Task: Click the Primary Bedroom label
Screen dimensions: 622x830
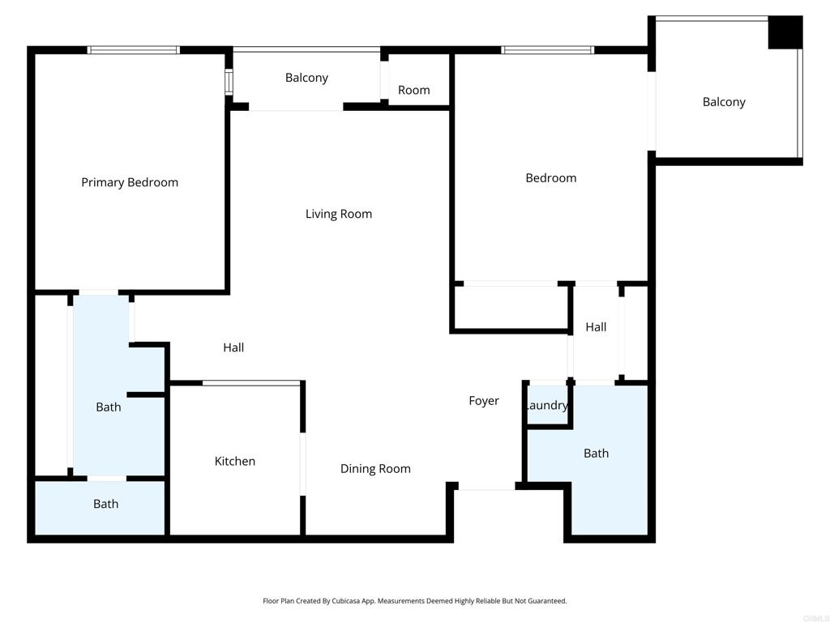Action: (x=130, y=183)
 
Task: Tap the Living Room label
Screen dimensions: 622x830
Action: (x=339, y=214)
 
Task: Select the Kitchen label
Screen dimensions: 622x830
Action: (x=235, y=462)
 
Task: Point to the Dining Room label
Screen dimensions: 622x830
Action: (x=375, y=469)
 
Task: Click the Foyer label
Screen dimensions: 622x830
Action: (x=484, y=401)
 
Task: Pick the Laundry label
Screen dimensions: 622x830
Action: (x=547, y=406)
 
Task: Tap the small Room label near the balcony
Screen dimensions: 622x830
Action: (x=413, y=90)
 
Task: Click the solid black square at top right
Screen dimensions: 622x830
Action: (x=785, y=32)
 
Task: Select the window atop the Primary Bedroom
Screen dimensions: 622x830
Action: (x=134, y=50)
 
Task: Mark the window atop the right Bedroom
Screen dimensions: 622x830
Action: (x=548, y=50)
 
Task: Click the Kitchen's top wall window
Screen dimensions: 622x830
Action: (x=251, y=382)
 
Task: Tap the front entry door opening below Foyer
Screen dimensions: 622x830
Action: (x=486, y=488)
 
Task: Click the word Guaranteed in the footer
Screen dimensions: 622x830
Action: (x=547, y=601)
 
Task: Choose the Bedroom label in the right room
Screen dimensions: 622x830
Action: (x=551, y=178)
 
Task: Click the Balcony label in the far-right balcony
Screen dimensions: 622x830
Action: (x=724, y=102)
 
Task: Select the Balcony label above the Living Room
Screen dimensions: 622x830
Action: (x=306, y=78)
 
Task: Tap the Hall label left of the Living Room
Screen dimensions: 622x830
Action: (x=233, y=347)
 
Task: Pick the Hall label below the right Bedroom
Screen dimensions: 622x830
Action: (x=596, y=327)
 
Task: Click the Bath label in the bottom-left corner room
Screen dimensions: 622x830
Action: (x=105, y=504)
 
